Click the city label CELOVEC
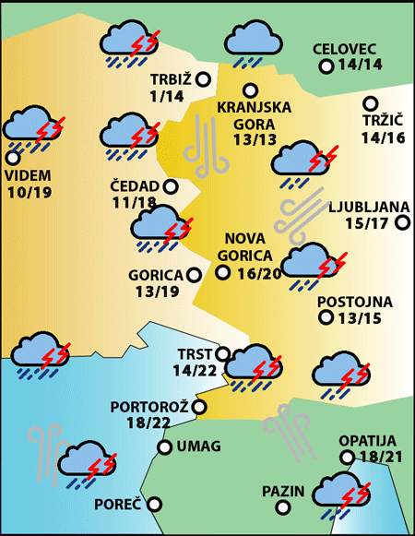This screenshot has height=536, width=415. (x=346, y=49)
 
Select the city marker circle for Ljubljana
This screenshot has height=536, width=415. (x=401, y=222)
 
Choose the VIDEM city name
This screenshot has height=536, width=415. (x=29, y=174)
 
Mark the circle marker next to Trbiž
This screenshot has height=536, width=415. (x=204, y=80)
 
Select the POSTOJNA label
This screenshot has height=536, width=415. (x=355, y=302)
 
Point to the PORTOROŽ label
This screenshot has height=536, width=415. (x=149, y=406)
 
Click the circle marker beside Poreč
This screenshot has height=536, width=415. (x=155, y=504)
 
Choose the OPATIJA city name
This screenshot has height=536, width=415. (x=367, y=441)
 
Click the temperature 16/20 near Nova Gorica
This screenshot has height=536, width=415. (x=259, y=273)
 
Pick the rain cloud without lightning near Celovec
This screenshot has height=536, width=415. (x=253, y=42)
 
